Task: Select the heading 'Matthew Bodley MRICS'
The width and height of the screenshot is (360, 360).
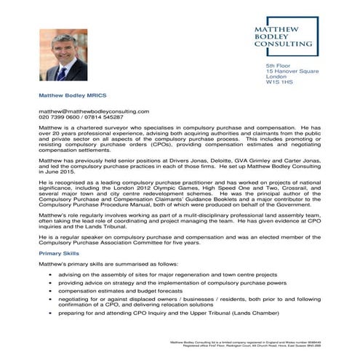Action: point(71,95)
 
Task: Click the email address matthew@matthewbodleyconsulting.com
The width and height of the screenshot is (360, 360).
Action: point(94,111)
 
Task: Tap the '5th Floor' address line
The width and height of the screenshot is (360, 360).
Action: point(278,66)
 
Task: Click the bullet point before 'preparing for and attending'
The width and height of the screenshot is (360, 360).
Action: point(49,313)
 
